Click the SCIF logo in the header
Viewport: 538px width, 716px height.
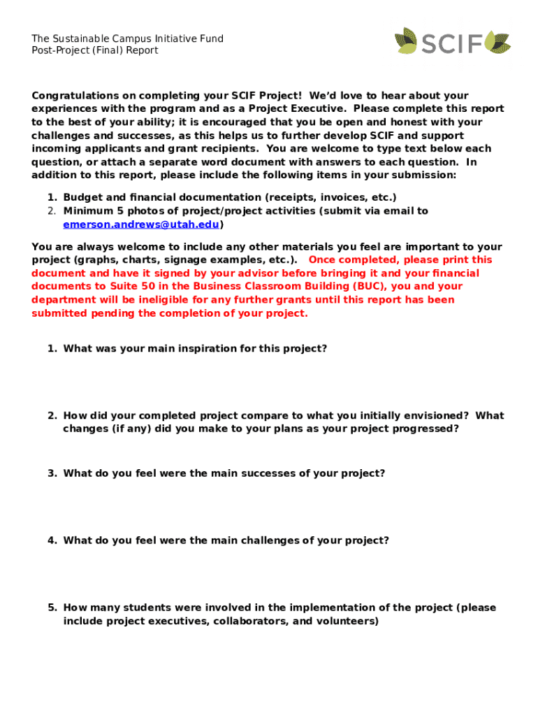pos(452,41)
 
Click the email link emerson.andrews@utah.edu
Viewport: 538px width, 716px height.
pos(141,224)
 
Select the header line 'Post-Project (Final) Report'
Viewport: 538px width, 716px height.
pos(95,50)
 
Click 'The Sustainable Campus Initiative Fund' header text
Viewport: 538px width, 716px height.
pos(127,38)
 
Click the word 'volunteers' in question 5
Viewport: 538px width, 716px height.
pos(347,621)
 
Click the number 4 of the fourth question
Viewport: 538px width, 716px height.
pos(51,540)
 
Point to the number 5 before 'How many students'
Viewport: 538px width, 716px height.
pos(51,608)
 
